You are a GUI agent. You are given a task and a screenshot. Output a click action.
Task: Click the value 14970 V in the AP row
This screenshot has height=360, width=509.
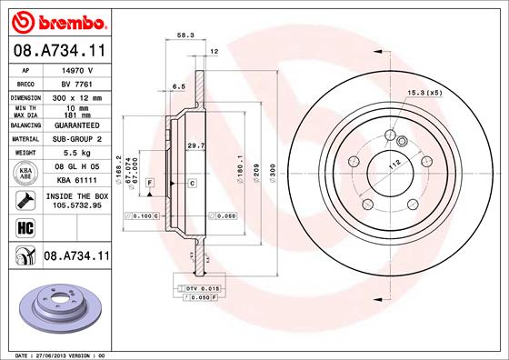76,68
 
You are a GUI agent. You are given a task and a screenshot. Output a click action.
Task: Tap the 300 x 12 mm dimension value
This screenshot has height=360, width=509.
76,95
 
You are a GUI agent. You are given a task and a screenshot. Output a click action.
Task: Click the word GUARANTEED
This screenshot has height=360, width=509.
76,127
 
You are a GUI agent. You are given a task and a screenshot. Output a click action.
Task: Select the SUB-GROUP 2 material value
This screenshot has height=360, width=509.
76,141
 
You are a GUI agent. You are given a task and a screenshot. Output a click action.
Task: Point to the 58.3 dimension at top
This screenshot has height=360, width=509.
185,35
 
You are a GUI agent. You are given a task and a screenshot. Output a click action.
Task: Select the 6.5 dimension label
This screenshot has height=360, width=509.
179,86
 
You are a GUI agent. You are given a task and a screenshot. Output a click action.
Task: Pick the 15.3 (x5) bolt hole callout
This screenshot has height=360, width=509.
425,93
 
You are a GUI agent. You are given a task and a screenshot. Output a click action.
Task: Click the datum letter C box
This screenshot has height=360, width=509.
193,184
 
